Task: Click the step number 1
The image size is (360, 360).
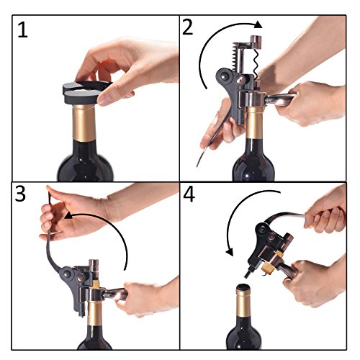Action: (x=23, y=30)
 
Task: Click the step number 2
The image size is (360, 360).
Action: (x=188, y=27)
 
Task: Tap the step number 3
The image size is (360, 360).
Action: (x=20, y=194)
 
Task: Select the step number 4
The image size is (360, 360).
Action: (x=189, y=195)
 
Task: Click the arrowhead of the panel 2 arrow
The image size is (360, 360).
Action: (x=258, y=25)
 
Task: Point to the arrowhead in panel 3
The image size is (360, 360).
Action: (x=68, y=215)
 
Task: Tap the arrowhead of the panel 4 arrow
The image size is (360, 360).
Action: (x=230, y=252)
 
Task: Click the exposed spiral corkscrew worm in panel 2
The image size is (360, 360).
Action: (x=256, y=63)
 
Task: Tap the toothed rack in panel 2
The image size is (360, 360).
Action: (x=237, y=57)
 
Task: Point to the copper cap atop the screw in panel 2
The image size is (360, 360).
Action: (x=256, y=42)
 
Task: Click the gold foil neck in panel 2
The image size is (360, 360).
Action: (x=254, y=122)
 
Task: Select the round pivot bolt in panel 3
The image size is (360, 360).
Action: (x=66, y=273)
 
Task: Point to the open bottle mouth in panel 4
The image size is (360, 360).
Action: (x=243, y=287)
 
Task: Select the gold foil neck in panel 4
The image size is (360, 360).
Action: (x=243, y=303)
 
